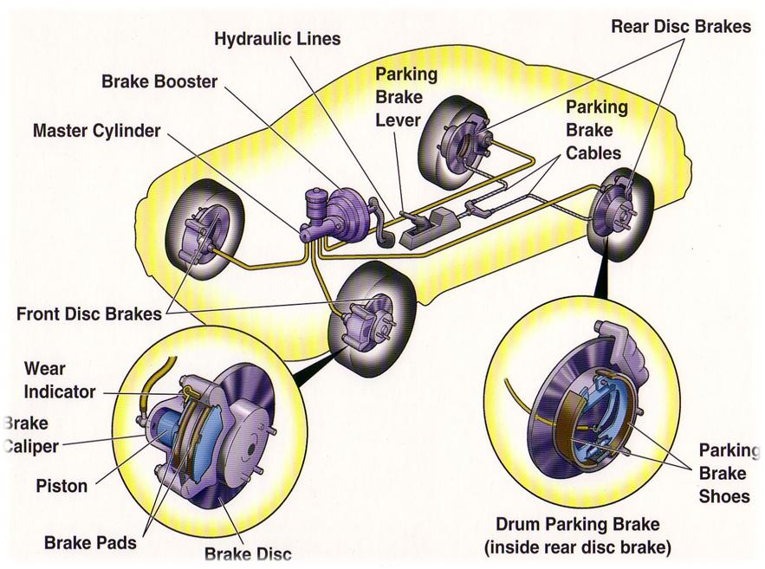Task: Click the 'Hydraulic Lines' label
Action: tap(277, 39)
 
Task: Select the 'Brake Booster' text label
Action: tap(159, 82)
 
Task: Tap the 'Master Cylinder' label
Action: tap(96, 132)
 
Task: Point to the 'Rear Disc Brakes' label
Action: tap(681, 26)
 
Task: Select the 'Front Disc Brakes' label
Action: tap(89, 314)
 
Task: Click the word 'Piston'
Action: tap(62, 485)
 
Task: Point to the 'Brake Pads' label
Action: tap(90, 543)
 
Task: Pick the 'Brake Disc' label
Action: tap(248, 553)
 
